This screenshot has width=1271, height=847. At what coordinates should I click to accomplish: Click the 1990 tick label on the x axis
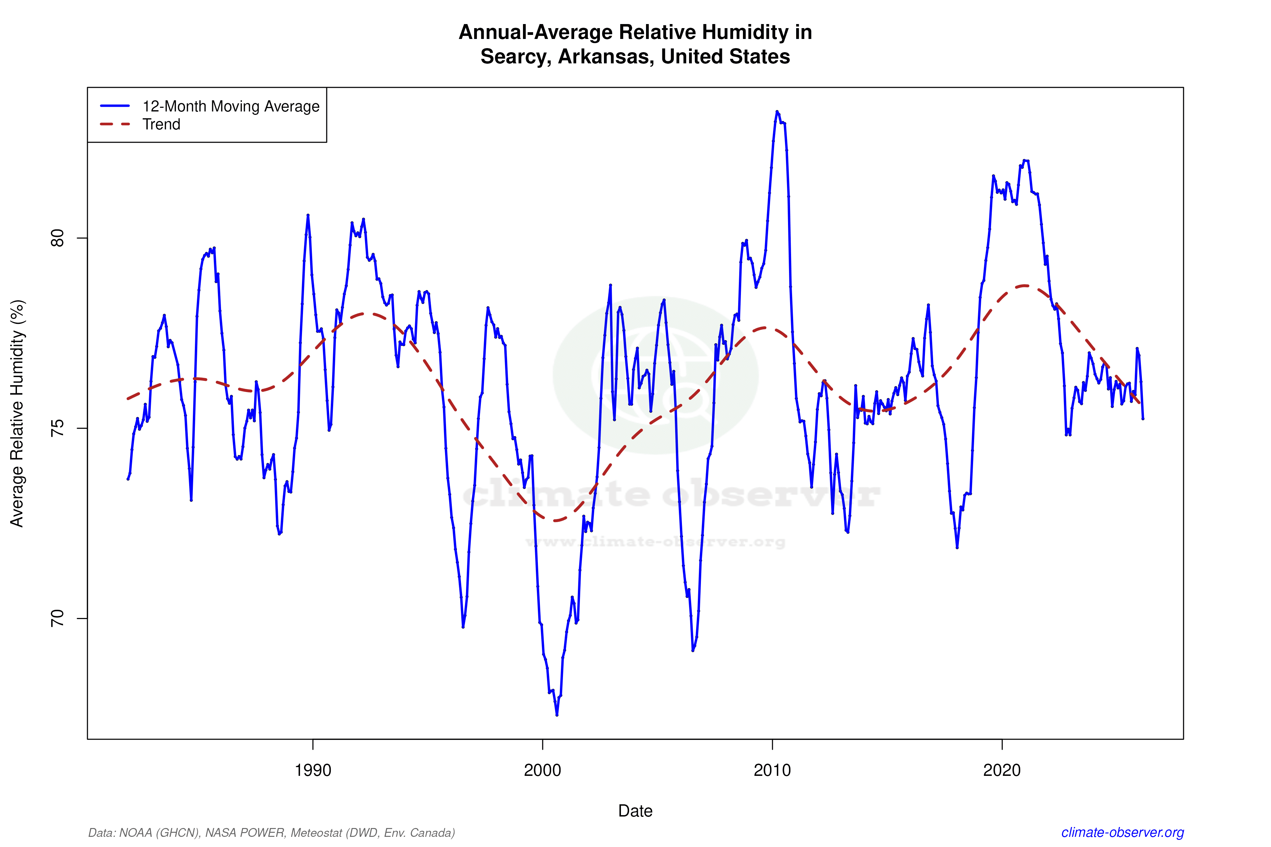tap(312, 770)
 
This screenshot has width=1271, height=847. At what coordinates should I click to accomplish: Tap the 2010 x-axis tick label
tap(772, 770)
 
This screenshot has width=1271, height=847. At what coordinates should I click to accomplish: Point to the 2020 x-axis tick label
tap(1002, 770)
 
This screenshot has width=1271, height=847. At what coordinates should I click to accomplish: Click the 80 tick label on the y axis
tap(57, 238)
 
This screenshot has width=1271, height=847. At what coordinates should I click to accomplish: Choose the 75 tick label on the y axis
tap(57, 428)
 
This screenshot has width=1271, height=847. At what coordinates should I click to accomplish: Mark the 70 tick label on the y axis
tap(57, 619)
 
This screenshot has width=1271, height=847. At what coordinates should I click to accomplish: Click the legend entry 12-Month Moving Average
tap(231, 106)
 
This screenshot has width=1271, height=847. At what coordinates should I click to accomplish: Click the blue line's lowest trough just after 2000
tap(557, 715)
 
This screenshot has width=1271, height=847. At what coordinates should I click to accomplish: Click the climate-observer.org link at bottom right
tap(1123, 832)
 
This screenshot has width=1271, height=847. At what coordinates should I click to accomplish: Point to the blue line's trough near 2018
tap(957, 547)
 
